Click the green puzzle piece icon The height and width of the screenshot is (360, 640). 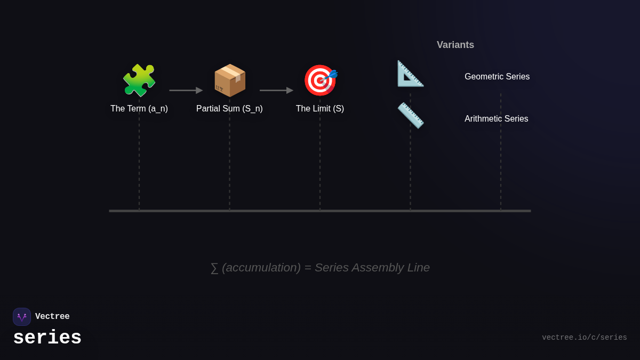pos(139,80)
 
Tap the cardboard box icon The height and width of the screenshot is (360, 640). pos(230,80)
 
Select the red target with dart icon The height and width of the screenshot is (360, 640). pos(320,80)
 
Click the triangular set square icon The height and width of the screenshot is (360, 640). pos(410,74)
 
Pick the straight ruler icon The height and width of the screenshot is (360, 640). pos(410,115)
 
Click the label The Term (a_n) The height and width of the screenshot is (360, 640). pos(139,109)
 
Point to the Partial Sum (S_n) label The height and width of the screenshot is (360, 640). pos(229,109)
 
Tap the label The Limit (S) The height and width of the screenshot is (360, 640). pos(320,109)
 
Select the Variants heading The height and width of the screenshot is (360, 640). pos(455,45)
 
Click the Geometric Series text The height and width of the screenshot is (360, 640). pos(497,77)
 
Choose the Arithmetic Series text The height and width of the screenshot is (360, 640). pos(497,119)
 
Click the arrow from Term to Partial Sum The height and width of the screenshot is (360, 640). pos(186,90)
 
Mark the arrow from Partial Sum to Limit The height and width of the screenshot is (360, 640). pos(276,90)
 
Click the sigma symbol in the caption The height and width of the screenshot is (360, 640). pos(214,268)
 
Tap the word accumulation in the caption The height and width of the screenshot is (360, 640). pos(261,268)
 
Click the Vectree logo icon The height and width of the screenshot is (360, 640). pos(22,317)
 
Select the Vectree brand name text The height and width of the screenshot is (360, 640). pos(52,317)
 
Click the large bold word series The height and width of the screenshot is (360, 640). pos(47,338)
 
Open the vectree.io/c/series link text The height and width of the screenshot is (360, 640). pos(585,338)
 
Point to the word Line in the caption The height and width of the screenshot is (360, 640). pos(419,268)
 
